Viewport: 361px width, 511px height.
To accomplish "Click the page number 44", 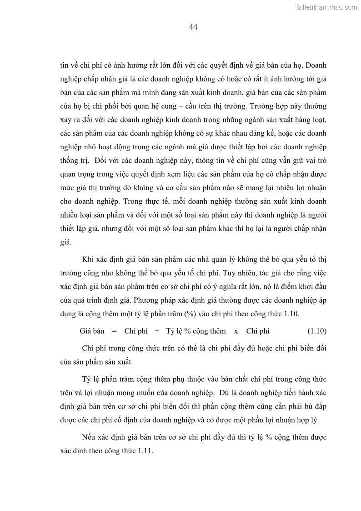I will [x=193, y=27].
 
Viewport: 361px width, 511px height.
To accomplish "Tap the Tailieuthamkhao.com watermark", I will [x=326, y=7].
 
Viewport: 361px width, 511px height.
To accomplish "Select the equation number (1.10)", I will [x=316, y=331].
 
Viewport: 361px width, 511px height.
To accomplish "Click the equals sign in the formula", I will [x=114, y=331].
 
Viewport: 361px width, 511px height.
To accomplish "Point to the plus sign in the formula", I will [x=157, y=331].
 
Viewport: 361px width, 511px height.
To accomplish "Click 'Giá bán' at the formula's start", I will [x=92, y=331].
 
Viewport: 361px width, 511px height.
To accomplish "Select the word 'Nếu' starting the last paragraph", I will [x=88, y=437].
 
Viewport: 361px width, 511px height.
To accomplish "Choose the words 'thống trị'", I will [x=73, y=161].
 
